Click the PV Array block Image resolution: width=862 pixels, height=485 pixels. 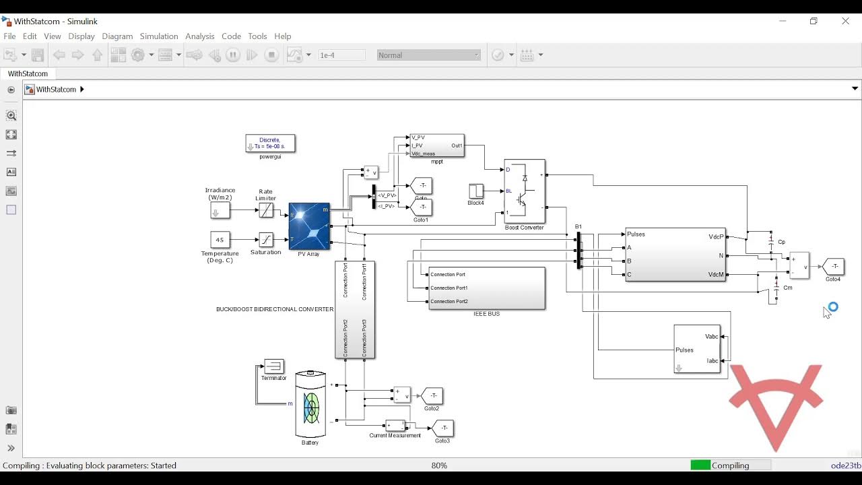[x=309, y=226]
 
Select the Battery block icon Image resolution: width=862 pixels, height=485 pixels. [x=310, y=405]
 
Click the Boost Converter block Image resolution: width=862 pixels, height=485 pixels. [x=525, y=191]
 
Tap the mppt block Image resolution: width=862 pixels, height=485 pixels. [x=436, y=145]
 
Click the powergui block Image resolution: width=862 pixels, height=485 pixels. [x=270, y=143]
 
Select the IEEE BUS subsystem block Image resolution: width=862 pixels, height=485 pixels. [x=486, y=288]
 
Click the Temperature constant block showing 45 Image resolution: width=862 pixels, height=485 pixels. [x=220, y=240]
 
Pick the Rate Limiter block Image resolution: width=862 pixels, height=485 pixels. [x=266, y=210]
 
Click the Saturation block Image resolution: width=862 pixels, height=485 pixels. [x=266, y=240]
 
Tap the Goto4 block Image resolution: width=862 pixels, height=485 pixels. [x=834, y=267]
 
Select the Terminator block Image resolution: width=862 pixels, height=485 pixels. [x=273, y=366]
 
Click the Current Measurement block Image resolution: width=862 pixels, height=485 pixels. [x=395, y=426]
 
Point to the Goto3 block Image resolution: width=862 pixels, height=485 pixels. [x=443, y=428]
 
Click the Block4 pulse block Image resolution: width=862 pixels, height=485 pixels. [x=475, y=191]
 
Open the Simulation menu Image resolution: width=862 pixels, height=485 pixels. [x=159, y=36]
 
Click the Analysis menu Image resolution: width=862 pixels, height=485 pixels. [x=199, y=36]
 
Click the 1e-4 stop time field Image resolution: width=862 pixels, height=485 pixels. [x=341, y=55]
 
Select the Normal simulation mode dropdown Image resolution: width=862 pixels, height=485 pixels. [x=428, y=55]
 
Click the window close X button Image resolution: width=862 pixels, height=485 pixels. [x=845, y=21]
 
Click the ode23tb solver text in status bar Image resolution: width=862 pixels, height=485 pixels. [x=845, y=465]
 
